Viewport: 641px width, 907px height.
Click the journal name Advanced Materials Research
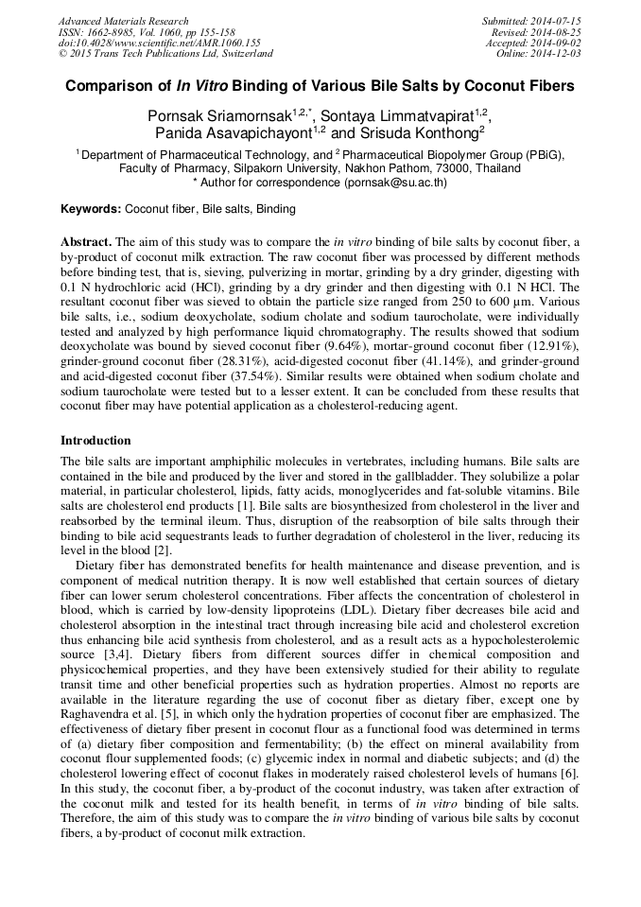point(123,21)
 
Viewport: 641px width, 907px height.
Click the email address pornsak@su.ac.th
point(395,183)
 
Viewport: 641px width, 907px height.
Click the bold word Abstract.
point(86,242)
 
